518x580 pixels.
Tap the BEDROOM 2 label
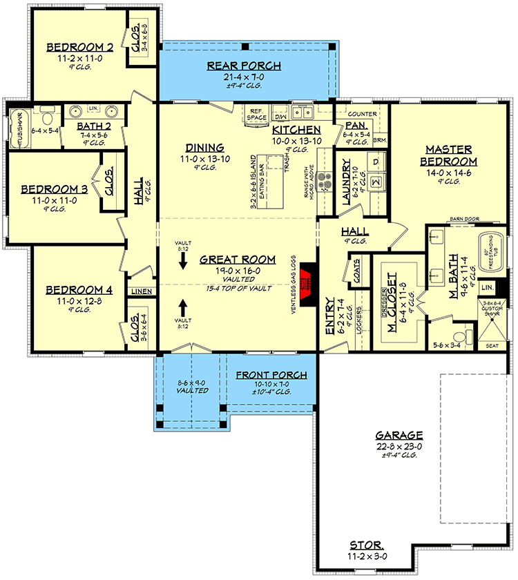point(79,47)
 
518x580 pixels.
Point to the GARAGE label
point(399,436)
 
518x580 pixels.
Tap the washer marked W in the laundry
point(376,182)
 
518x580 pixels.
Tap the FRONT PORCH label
point(271,375)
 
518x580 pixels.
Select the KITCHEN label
point(296,130)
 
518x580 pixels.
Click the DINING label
point(204,147)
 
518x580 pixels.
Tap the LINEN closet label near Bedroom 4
point(140,291)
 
